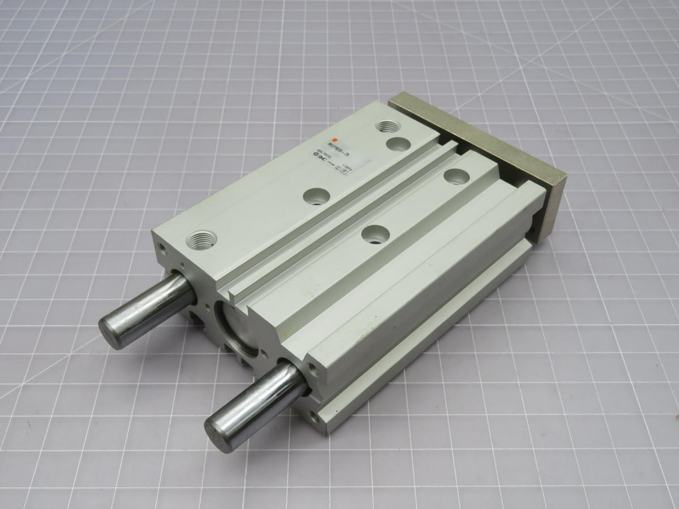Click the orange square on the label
click(334, 140)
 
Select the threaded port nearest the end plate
click(388, 126)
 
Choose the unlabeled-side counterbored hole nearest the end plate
click(457, 175)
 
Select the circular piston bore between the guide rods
click(234, 324)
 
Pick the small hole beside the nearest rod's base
click(311, 369)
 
